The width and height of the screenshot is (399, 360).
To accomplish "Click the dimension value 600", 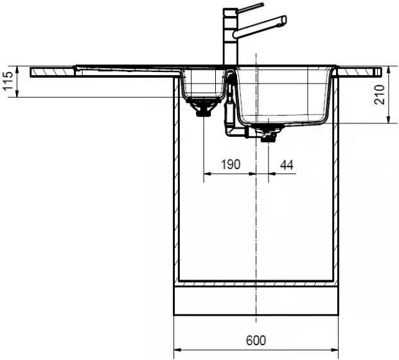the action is click(256, 341).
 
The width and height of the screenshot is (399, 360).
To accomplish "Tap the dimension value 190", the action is click(231, 165).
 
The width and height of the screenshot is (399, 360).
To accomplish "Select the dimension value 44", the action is click(287, 165).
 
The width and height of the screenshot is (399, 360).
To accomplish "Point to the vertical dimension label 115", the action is click(8, 81).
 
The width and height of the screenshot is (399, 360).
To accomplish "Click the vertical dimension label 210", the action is click(379, 94).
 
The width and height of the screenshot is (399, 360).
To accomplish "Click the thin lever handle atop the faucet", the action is click(250, 8).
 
